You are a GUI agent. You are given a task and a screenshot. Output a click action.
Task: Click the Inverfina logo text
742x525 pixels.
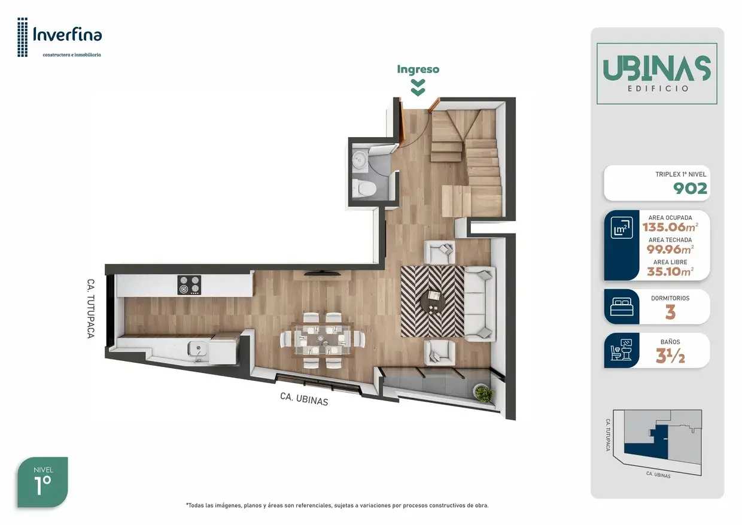pos(68,35)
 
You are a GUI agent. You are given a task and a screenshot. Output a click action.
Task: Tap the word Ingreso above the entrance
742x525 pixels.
pos(418,69)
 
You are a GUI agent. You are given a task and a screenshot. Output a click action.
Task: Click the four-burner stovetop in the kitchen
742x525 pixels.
pos(189,285)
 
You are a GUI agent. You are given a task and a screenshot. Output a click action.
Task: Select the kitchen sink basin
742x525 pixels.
pos(197,348)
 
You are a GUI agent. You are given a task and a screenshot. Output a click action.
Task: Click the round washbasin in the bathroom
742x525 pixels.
pos(359,161)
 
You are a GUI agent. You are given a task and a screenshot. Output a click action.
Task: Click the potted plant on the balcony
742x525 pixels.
pos(484,393)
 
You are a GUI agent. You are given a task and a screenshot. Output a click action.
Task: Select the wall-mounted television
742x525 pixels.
pos(322,274)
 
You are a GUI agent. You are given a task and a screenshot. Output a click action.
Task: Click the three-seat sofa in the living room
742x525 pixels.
pos(480,304)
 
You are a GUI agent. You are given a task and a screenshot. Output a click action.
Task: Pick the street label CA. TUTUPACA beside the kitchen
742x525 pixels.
pos(90,308)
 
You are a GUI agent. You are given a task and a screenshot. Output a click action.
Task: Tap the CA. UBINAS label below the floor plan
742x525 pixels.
pos(304,399)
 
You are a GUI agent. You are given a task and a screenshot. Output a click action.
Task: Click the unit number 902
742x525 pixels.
pos(690,189)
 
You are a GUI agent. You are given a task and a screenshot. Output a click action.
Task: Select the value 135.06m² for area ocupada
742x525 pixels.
pos(670,227)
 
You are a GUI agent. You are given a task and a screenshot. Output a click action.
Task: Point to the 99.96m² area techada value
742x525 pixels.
pos(670,249)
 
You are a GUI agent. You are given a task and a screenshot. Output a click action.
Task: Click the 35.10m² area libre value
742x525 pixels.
pos(670,271)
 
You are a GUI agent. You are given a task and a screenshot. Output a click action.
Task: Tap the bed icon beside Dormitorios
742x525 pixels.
pos(621,306)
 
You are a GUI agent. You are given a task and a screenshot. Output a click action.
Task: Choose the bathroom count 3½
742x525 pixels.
pos(670,356)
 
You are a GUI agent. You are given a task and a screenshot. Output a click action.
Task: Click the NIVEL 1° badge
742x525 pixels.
pos(42,482)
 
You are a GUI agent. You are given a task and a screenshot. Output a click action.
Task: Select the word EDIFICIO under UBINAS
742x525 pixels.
pos(658,89)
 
